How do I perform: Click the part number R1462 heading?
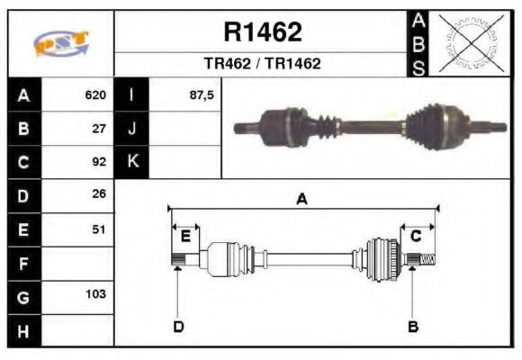262,32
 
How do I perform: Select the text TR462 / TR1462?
262,65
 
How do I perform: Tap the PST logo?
60,43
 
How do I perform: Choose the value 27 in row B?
100,129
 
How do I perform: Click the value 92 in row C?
100,163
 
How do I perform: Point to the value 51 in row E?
100,229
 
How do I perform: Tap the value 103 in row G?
95,294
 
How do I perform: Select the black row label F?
22,263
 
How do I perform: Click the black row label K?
132,162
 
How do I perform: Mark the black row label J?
132,129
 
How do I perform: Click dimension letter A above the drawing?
301,200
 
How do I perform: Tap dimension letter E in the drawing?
185,237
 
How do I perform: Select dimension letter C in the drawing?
416,237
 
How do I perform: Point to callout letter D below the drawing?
178,326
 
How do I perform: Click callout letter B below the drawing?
413,326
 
